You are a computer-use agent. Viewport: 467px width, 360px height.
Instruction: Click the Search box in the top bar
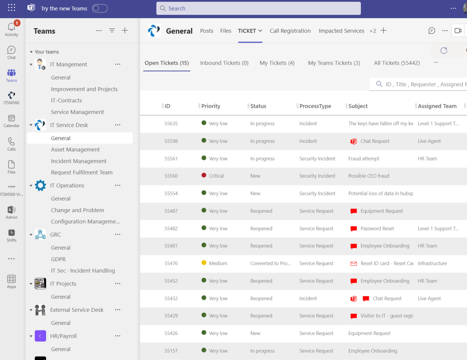(258, 8)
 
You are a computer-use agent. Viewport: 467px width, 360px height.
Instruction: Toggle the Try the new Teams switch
(100, 8)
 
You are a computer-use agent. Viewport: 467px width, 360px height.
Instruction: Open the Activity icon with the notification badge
(11, 28)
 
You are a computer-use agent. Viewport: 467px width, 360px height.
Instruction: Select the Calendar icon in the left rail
(11, 121)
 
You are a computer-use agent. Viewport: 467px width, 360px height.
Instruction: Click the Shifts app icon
(11, 235)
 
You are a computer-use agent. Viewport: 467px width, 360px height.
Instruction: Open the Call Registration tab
(290, 31)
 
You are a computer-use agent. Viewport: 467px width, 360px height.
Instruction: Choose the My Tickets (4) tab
(277, 63)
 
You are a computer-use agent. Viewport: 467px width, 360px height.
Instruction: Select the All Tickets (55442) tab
(397, 63)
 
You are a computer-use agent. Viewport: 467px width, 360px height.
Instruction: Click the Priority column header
(211, 106)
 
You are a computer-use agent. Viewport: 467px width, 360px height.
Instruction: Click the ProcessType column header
(315, 106)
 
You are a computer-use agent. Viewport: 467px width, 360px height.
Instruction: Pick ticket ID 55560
(171, 176)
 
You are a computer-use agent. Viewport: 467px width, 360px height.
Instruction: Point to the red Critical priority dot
(204, 175)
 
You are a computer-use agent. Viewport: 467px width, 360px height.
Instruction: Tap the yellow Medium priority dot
(204, 263)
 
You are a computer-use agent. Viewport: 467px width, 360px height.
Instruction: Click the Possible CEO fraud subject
(368, 176)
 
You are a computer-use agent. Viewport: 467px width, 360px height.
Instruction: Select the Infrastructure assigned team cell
(432, 263)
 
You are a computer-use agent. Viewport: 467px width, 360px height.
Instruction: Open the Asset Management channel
(75, 149)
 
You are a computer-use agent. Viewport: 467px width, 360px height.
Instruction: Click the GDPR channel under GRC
(58, 259)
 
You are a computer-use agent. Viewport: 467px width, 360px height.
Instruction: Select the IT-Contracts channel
(66, 100)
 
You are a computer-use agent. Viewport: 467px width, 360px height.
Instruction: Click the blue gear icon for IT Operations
(40, 185)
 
